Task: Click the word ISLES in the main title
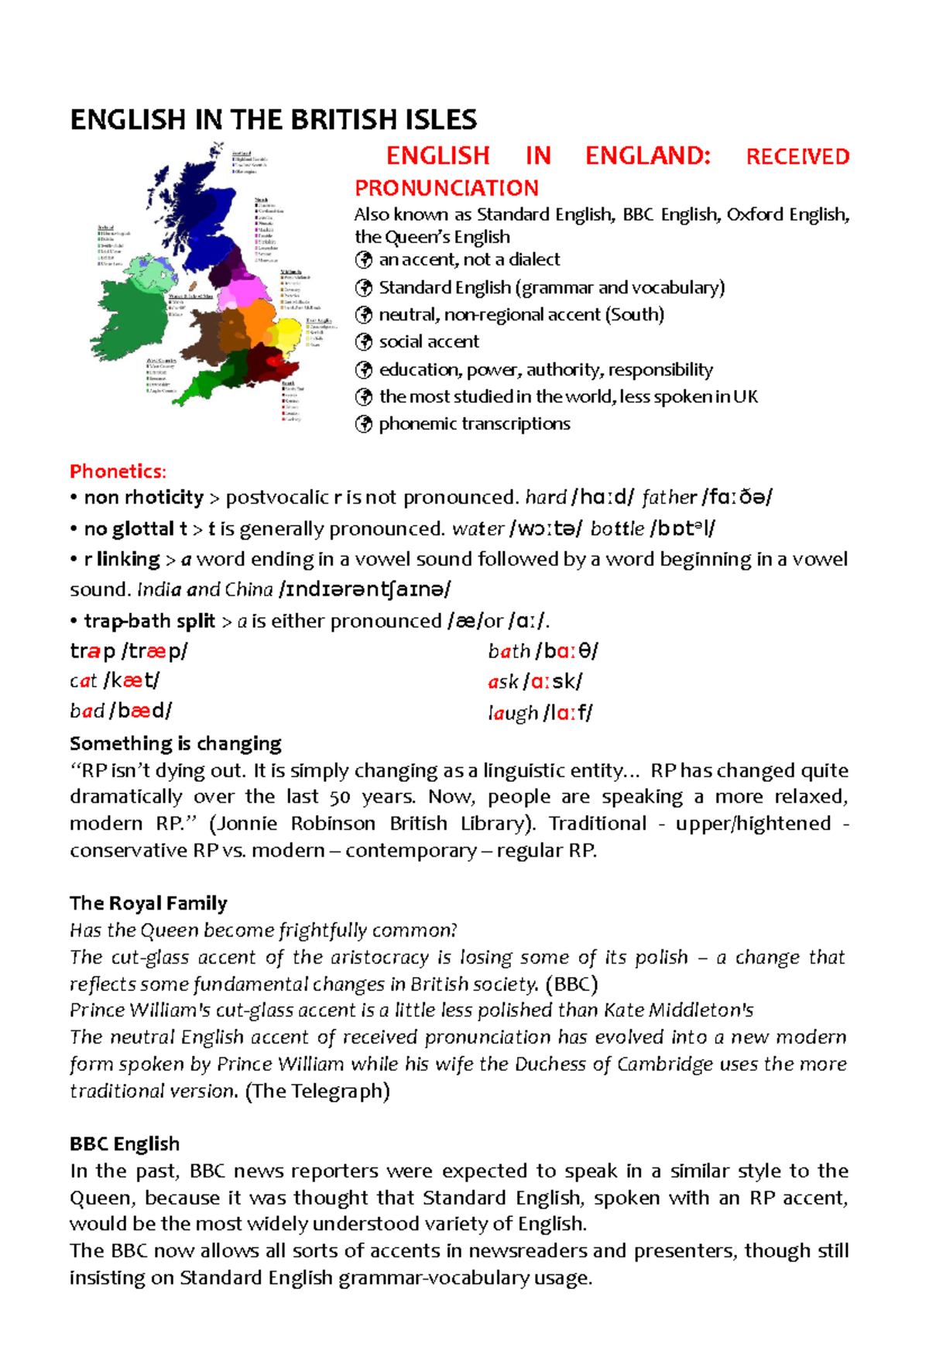pyautogui.click(x=440, y=120)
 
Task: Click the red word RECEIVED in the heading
pyautogui.click(x=797, y=156)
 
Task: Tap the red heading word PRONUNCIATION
pyautogui.click(x=447, y=188)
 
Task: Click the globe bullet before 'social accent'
pyautogui.click(x=363, y=342)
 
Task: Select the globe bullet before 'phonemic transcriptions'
pyautogui.click(x=363, y=424)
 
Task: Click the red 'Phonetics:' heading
pyautogui.click(x=118, y=471)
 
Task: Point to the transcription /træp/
pyautogui.click(x=155, y=651)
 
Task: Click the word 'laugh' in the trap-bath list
pyautogui.click(x=513, y=713)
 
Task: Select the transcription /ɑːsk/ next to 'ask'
pyautogui.click(x=553, y=682)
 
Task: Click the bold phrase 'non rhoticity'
pyautogui.click(x=143, y=497)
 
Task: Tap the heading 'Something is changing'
pyautogui.click(x=175, y=744)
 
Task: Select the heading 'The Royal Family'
pyautogui.click(x=148, y=903)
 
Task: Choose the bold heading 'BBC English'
pyautogui.click(x=125, y=1144)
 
